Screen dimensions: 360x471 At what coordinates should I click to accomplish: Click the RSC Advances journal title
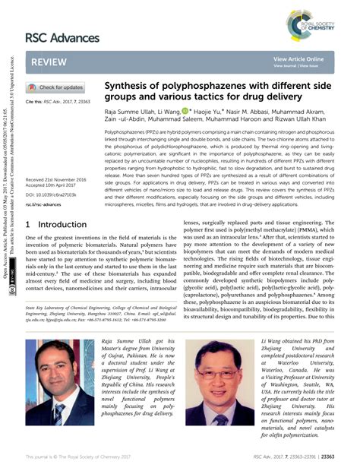pyautogui.click(x=62, y=37)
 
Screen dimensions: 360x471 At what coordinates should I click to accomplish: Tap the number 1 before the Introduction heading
pyautogui.click(x=29, y=225)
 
